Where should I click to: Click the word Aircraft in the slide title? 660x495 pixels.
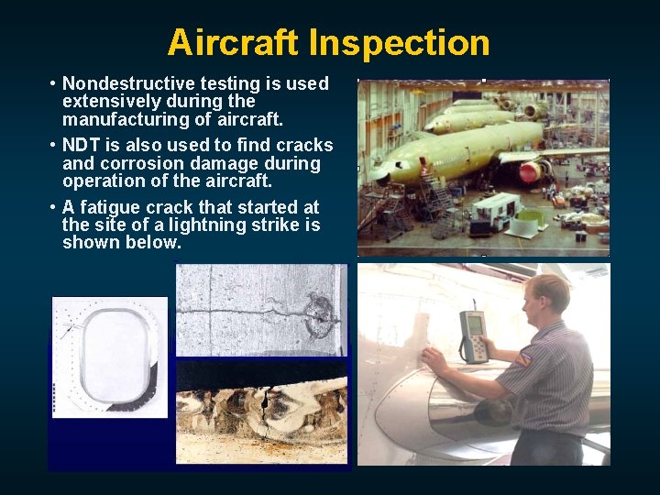pyautogui.click(x=234, y=42)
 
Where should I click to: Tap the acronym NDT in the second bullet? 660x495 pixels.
pyautogui.click(x=82, y=145)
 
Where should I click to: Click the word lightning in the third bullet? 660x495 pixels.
pyautogui.click(x=198, y=225)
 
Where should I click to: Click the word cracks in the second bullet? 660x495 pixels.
pyautogui.click(x=306, y=145)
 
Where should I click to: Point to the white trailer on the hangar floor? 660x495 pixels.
pyautogui.click(x=497, y=205)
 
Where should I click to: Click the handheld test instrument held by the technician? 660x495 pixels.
pyautogui.click(x=473, y=335)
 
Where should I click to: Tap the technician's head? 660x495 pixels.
pyautogui.click(x=549, y=296)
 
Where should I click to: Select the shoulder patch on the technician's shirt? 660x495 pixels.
pyautogui.click(x=522, y=358)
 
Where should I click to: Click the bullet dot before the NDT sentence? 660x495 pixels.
pyautogui.click(x=53, y=145)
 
